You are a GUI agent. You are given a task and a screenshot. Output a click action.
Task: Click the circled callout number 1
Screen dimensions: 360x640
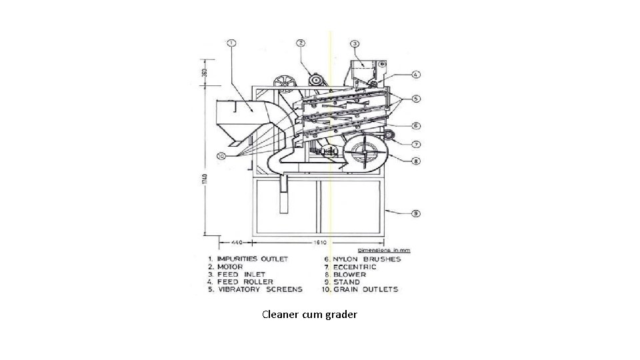pos(231,43)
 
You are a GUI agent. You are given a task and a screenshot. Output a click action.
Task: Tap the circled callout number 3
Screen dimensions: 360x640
pos(356,43)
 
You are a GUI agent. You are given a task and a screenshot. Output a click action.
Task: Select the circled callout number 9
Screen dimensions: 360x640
pos(415,213)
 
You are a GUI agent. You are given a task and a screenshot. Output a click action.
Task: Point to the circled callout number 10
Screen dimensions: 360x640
pos(221,155)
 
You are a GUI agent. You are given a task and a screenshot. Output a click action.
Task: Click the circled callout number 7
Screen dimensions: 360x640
pos(415,144)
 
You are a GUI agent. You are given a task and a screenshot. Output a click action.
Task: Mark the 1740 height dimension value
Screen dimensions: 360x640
pos(205,180)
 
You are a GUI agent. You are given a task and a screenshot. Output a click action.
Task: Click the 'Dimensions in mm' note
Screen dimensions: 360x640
pos(385,250)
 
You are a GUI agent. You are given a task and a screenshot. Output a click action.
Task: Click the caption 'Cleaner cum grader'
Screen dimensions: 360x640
pos(309,313)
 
